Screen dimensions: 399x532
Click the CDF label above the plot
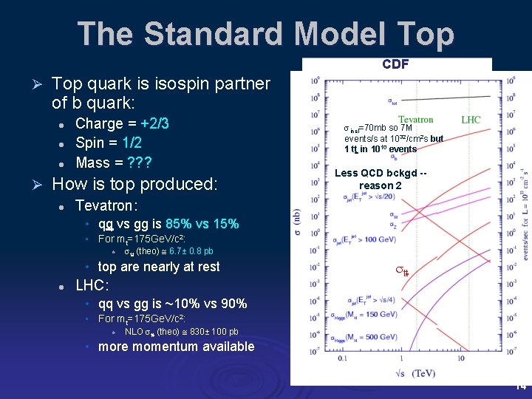coord(395,65)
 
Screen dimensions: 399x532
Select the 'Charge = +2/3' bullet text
coord(122,123)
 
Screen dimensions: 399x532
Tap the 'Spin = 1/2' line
coord(109,143)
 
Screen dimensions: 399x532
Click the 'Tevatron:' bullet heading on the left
coord(107,205)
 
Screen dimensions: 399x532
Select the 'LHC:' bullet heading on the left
coord(92,285)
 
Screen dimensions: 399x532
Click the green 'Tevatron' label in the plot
coord(416,120)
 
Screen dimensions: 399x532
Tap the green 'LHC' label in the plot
coord(471,120)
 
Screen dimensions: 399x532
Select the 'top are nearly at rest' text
coord(159,267)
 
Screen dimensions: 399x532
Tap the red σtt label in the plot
coord(401,273)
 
